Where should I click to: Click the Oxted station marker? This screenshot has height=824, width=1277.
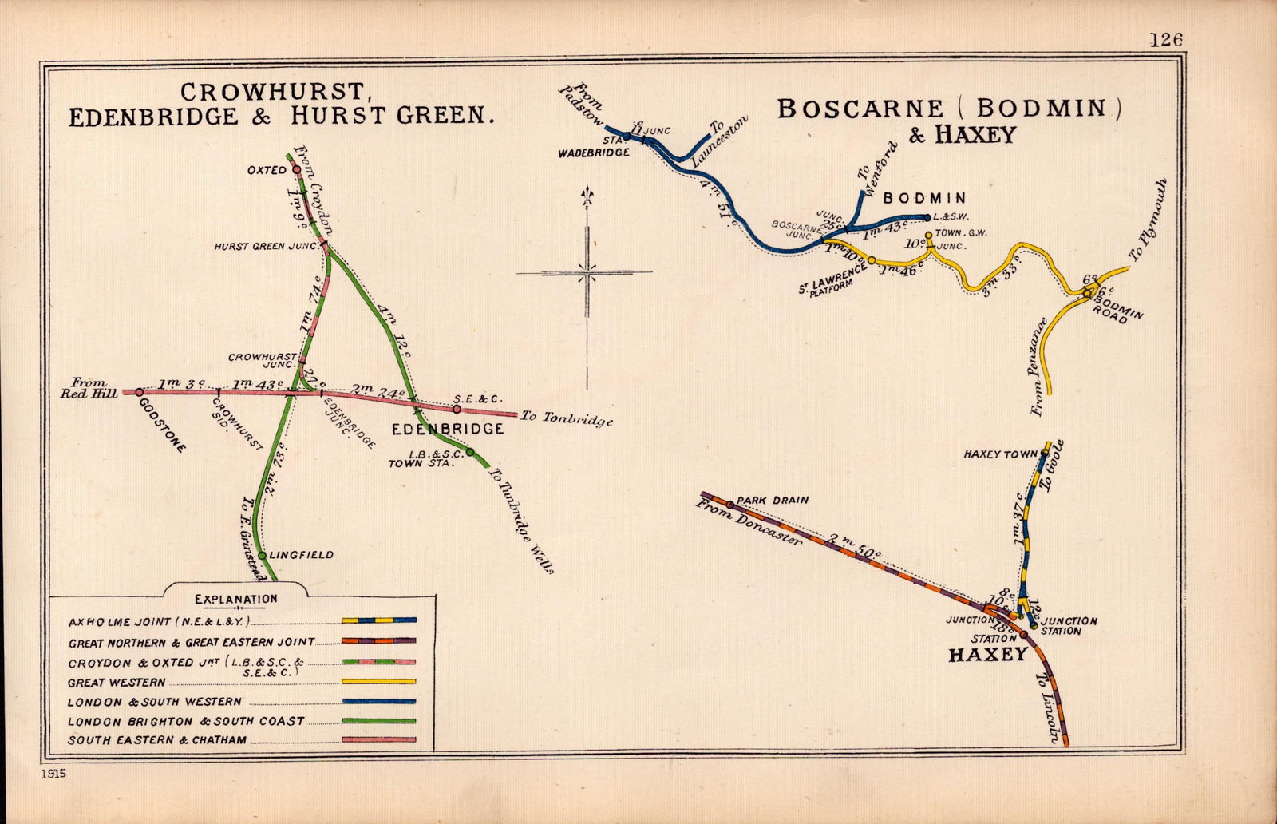296,169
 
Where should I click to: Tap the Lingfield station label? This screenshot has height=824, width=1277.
302,555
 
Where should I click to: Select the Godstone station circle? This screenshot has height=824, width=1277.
139,392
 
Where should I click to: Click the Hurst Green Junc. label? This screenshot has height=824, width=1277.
266,247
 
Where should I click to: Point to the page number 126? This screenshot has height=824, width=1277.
1166,39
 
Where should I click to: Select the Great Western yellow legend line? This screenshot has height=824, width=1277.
378,682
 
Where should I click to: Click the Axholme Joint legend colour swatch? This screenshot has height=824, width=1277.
378,620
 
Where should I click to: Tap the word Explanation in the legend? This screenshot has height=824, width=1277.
236,599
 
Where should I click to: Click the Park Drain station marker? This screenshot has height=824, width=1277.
729,505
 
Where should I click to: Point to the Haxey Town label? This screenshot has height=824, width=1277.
1000,454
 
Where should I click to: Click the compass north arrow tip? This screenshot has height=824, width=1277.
588,188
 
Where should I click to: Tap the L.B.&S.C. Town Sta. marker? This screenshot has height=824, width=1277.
470,452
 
